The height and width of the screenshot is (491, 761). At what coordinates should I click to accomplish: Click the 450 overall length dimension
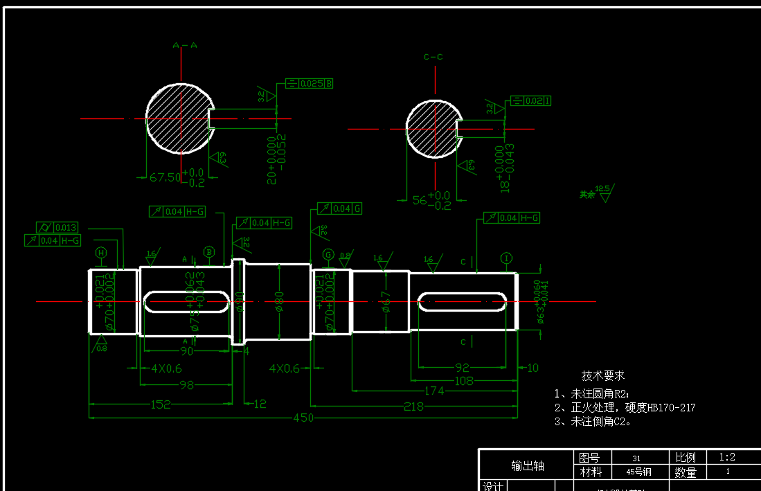303,418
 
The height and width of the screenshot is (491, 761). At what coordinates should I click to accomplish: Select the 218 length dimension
413,407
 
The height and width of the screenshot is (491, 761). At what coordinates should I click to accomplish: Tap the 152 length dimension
160,404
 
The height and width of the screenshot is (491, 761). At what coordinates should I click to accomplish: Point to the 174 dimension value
434,391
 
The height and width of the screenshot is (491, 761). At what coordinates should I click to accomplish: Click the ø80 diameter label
279,302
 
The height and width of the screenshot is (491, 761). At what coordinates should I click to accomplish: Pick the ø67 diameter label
386,301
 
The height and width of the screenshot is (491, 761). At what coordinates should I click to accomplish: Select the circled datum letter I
507,259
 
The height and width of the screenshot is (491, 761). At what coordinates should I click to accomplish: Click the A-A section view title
185,46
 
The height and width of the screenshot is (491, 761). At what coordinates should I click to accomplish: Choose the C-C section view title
433,57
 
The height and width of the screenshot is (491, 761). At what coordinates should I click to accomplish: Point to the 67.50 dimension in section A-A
165,177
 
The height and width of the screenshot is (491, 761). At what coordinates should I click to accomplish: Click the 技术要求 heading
602,375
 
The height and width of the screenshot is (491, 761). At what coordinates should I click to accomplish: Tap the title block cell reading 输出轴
528,465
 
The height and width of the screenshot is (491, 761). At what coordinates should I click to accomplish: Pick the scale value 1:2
727,457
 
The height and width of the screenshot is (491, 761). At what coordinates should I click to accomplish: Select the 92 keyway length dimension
462,367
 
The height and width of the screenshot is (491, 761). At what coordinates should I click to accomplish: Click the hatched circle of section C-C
431,130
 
